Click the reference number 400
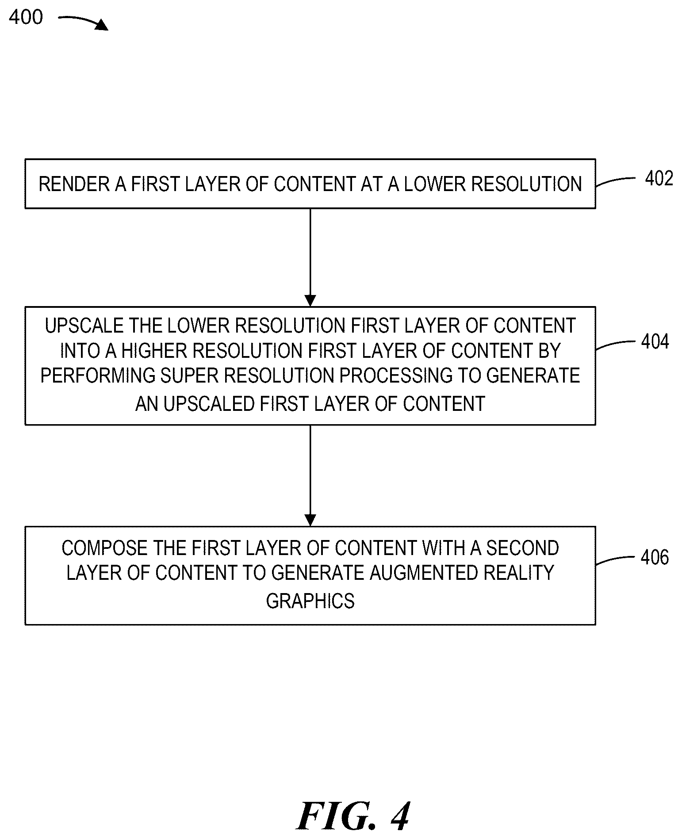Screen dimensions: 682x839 pyautogui.click(x=26, y=17)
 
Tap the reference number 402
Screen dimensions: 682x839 pyautogui.click(x=659, y=178)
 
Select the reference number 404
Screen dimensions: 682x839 pyautogui.click(x=655, y=341)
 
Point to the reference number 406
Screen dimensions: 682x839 pyautogui.click(x=655, y=557)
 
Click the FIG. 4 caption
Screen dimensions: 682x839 pyautogui.click(x=353, y=816)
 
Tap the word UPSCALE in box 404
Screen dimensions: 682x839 pyautogui.click(x=84, y=326)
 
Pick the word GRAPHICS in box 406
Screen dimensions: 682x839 pyautogui.click(x=310, y=601)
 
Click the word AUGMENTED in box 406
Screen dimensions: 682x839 pyautogui.click(x=423, y=573)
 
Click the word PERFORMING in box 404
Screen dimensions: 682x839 pyautogui.click(x=98, y=375)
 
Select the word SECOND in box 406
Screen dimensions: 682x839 pyautogui.click(x=522, y=548)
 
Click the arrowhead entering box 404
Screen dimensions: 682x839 pyautogui.click(x=310, y=301)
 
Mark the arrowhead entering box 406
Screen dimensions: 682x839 pyautogui.click(x=310, y=521)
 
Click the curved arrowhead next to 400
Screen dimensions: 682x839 pyautogui.click(x=102, y=25)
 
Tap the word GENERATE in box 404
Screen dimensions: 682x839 pyautogui.click(x=533, y=375)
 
